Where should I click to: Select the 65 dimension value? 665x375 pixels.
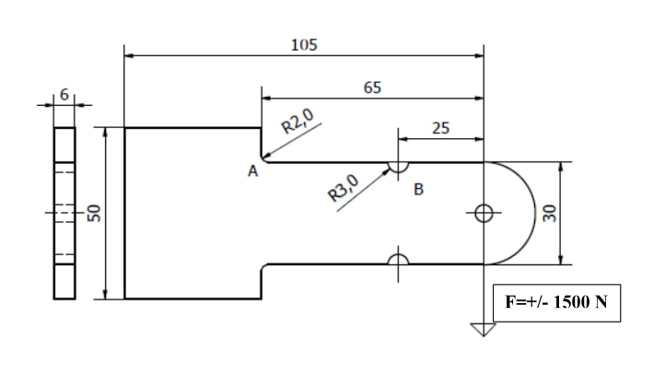click(372, 88)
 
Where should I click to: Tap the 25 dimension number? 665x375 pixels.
click(440, 128)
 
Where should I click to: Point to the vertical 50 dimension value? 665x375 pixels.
click(93, 214)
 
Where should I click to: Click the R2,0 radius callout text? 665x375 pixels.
click(297, 121)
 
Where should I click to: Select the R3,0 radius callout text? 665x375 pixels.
click(344, 186)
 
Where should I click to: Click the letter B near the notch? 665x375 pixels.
click(419, 190)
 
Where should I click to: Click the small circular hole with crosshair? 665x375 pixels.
click(484, 214)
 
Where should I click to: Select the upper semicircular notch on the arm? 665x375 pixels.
click(398, 167)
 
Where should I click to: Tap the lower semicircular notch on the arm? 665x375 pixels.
click(398, 260)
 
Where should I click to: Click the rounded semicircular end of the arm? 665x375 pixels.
click(523, 214)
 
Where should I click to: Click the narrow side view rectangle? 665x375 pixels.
click(64, 214)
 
